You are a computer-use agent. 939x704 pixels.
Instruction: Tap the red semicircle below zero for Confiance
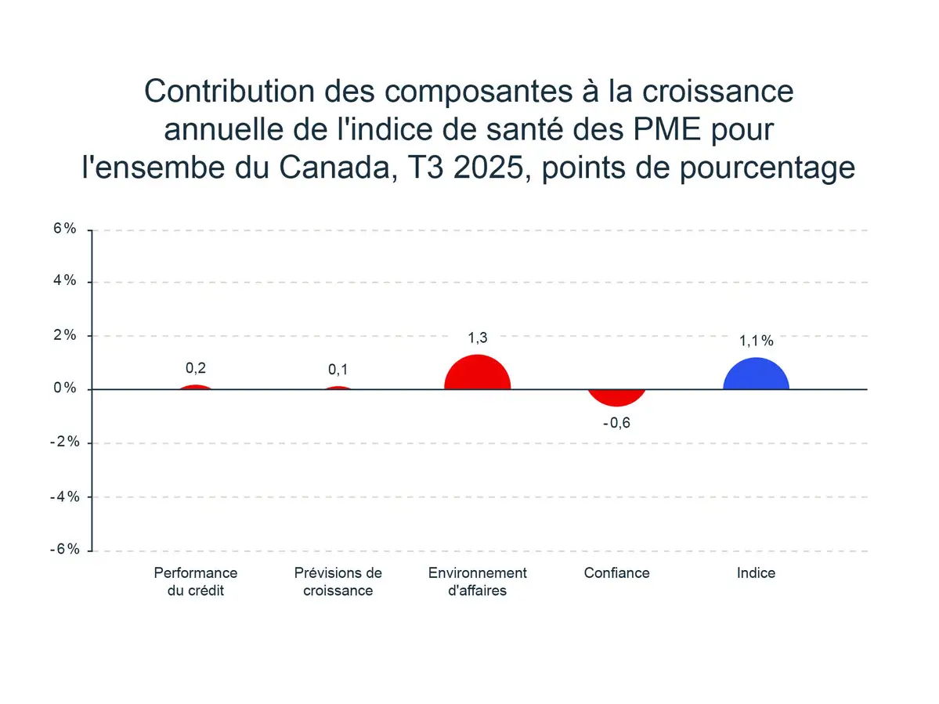coord(616,396)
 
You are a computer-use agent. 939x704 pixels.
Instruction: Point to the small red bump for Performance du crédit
coord(196,387)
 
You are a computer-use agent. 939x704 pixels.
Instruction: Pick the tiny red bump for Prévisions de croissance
coord(338,388)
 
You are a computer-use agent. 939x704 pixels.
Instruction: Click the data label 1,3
coord(477,338)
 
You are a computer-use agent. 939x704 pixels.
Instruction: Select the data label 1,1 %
coord(756,341)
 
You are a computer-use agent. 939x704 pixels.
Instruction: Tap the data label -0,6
coord(616,424)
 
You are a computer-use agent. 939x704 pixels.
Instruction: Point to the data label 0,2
coord(196,369)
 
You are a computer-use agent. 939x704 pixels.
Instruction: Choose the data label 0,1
coord(338,370)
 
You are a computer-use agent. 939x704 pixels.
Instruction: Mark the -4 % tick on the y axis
coord(64,496)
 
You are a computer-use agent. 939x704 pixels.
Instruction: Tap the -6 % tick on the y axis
coord(64,549)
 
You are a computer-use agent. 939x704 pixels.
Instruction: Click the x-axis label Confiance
coord(616,572)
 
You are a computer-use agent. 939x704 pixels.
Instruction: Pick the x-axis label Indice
coord(756,572)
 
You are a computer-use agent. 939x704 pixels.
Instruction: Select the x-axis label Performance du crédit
coord(196,581)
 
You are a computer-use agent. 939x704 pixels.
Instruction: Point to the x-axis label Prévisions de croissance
coord(338,581)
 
